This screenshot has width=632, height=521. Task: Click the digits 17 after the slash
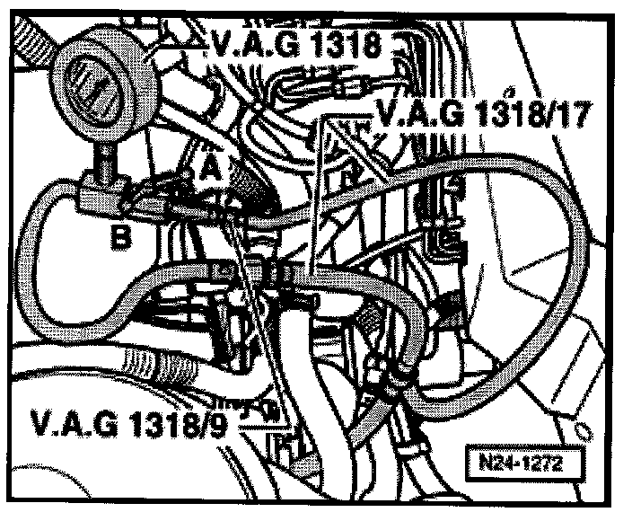click(576, 114)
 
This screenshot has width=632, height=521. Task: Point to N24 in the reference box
click(496, 465)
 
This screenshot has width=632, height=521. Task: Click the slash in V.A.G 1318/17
click(550, 114)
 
